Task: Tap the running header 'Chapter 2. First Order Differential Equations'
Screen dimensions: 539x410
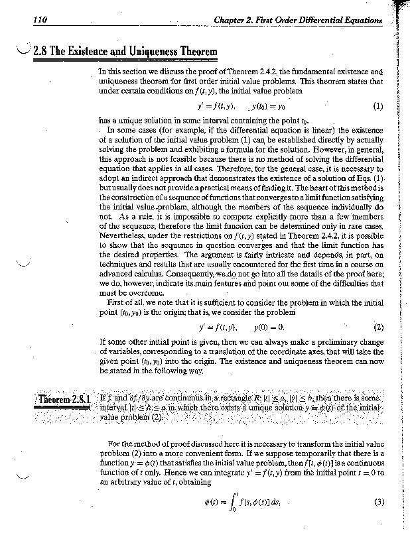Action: [x=298, y=21]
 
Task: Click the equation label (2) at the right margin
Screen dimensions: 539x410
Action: [x=378, y=327]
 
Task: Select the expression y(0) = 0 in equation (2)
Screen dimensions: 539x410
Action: [x=269, y=327]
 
